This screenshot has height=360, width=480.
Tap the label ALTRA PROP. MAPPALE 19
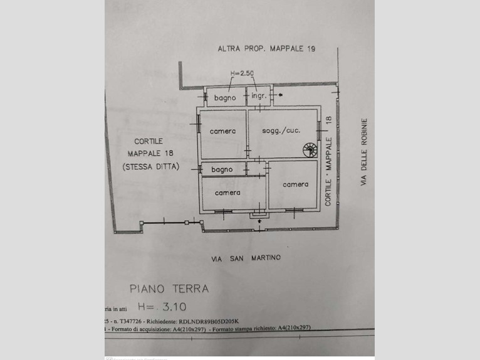coord(266,48)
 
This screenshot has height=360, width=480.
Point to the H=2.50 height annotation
coord(242,74)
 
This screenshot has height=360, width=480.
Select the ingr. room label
coord(259,97)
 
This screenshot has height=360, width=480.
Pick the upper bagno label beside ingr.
coord(224,98)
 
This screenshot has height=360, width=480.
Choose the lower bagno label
coord(222,169)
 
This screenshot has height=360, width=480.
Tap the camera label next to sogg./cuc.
coord(222,131)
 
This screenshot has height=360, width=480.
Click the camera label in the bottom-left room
coord(227,193)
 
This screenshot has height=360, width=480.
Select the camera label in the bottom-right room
coord(295,184)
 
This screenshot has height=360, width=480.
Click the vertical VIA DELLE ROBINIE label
coord(363,152)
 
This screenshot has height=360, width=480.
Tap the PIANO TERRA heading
coord(169,289)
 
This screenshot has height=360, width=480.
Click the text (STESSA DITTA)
coord(151,166)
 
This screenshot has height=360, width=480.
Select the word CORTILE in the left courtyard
coord(149,141)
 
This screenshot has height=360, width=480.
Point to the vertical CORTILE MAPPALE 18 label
coord(328,161)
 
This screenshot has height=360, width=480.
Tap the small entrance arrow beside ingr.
coord(279,96)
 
